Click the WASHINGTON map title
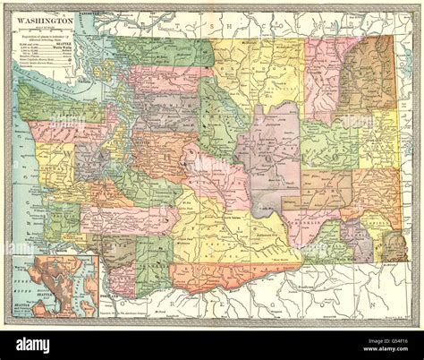(x=43, y=18)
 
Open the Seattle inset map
(x=55, y=287)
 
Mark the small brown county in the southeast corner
(x=393, y=246)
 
